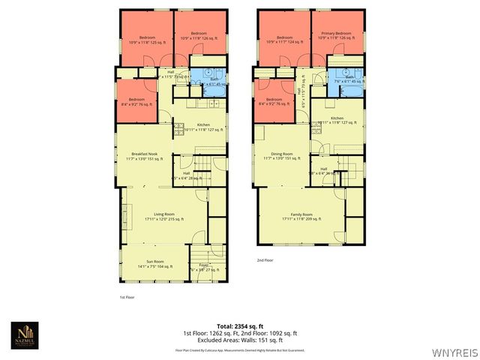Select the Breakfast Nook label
pyautogui.click(x=142, y=154)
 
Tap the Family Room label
pyautogui.click(x=296, y=216)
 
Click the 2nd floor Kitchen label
pyautogui.click(x=337, y=120)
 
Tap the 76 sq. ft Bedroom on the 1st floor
pyautogui.click(x=136, y=101)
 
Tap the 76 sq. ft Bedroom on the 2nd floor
pyautogui.click(x=273, y=101)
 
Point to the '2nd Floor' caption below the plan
pyautogui.click(x=264, y=260)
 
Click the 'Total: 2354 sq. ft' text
pyautogui.click(x=239, y=325)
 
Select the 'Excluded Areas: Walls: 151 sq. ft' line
pyautogui.click(x=239, y=340)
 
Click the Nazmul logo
pyautogui.click(x=26, y=335)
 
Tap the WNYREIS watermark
pyautogui.click(x=456, y=350)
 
